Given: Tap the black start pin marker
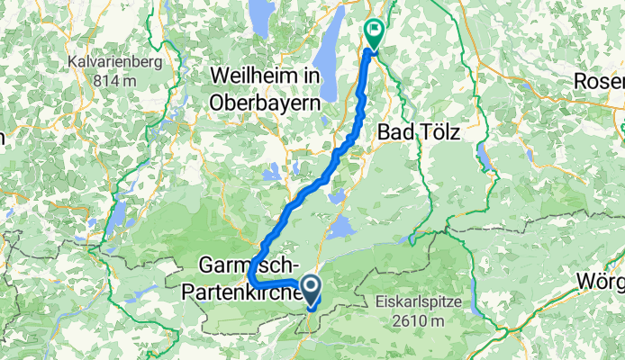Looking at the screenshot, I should click(x=312, y=291).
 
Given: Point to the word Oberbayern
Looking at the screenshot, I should click(x=265, y=103).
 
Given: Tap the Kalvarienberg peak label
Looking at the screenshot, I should click(x=113, y=62).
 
